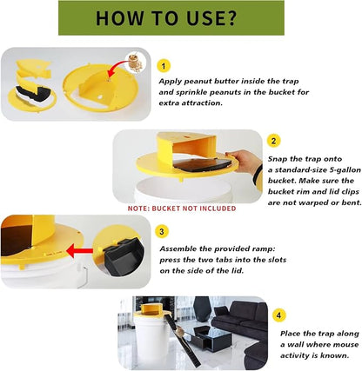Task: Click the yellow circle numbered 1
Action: pos(164,66)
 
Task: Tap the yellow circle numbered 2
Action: pos(273,141)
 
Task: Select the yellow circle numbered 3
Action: pos(162,232)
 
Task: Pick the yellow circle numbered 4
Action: pos(278,315)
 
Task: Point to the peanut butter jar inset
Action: pos(137,62)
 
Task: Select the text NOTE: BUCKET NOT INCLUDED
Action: pos(182,209)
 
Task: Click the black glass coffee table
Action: pos(206,336)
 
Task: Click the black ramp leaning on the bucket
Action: pos(184,341)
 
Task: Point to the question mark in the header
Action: pos(231,18)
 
